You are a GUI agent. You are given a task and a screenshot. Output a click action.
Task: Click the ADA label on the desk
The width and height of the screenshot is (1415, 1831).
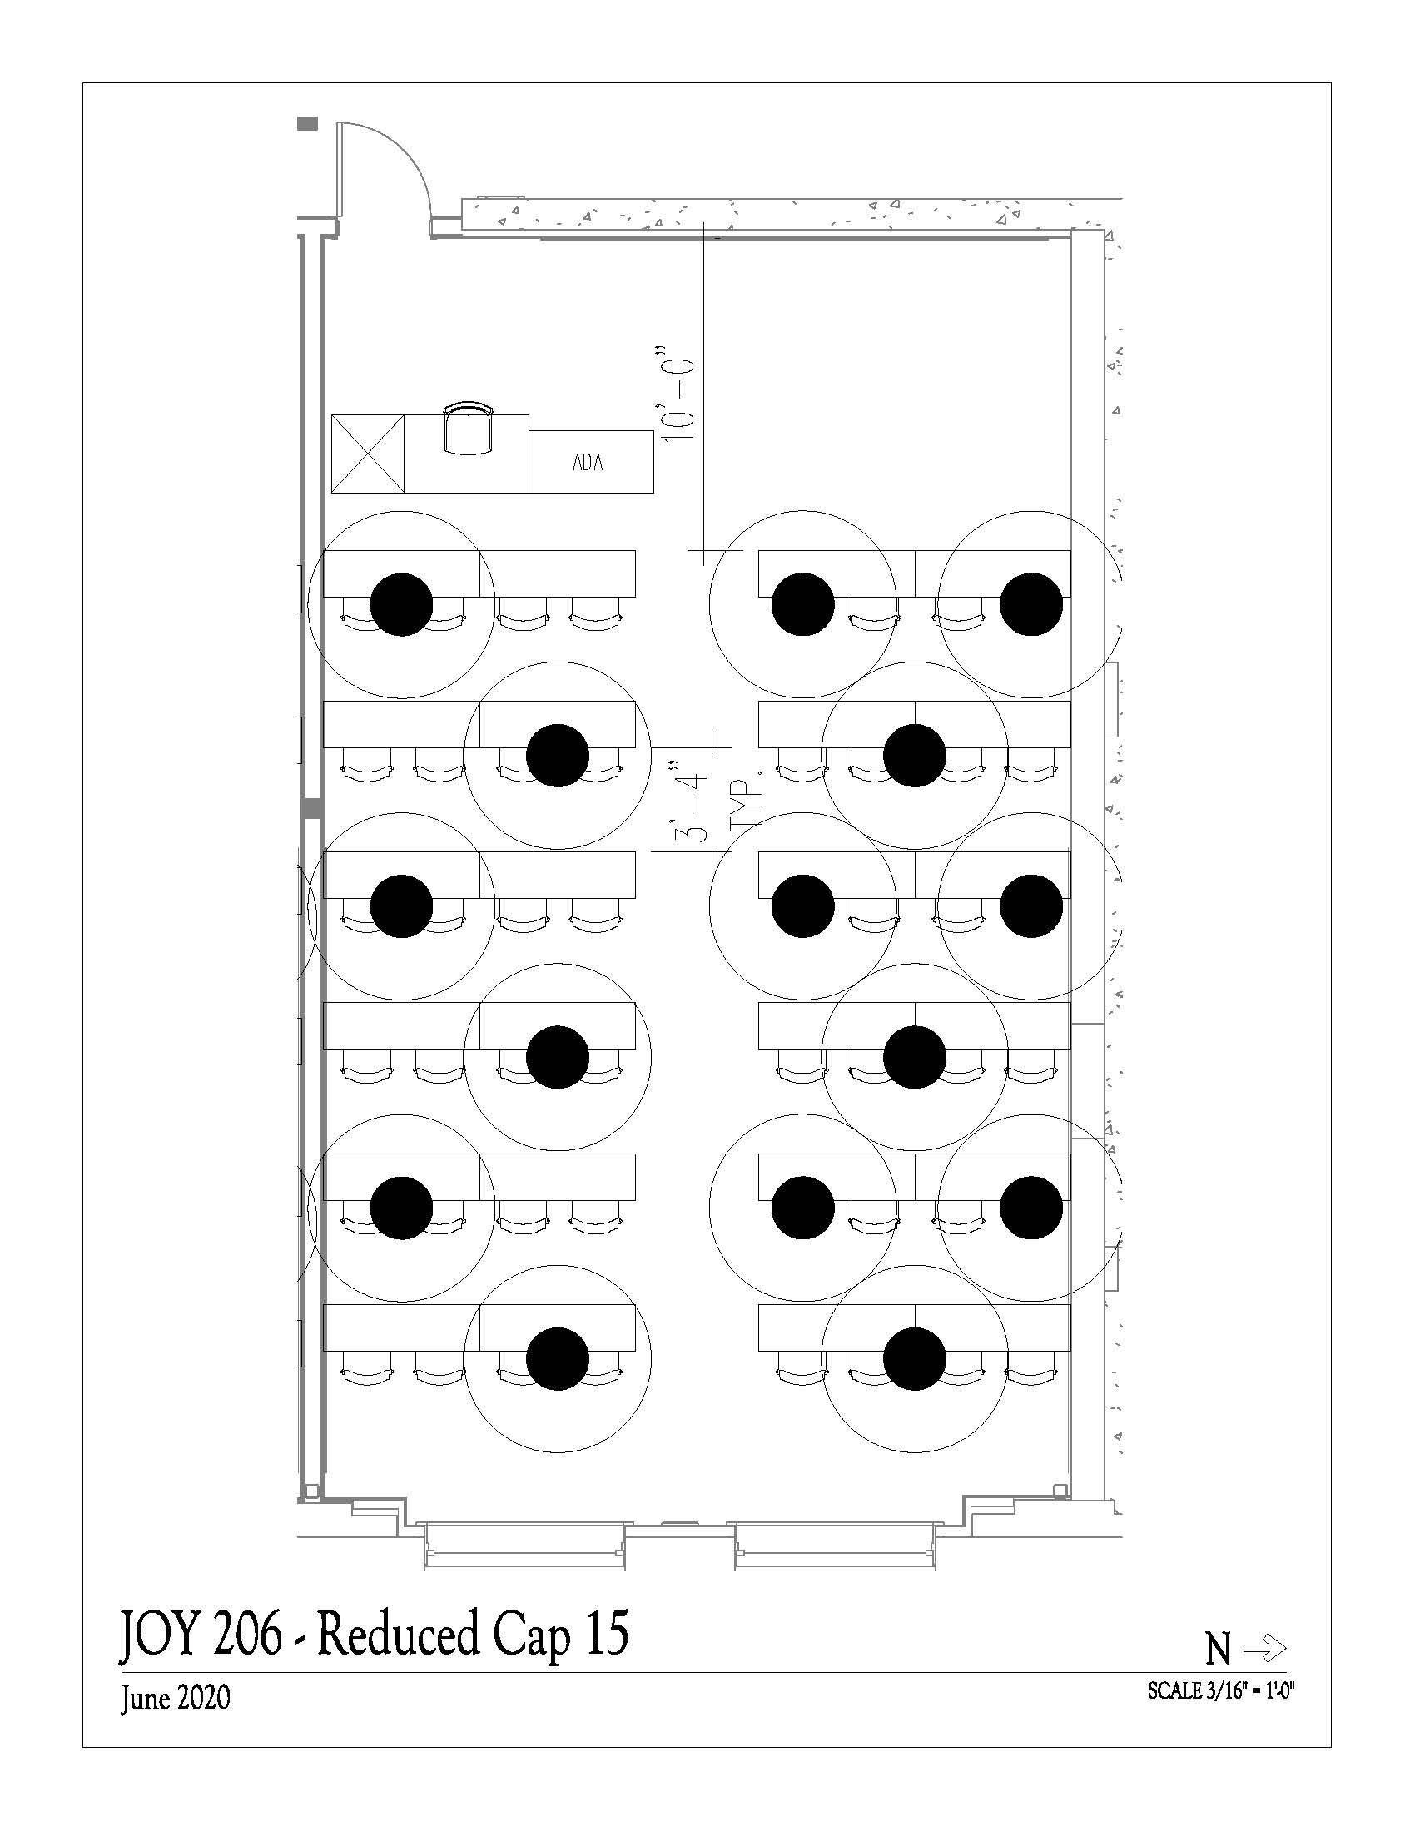click(x=588, y=462)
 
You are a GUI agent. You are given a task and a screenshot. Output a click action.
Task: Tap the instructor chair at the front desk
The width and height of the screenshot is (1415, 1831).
click(x=468, y=429)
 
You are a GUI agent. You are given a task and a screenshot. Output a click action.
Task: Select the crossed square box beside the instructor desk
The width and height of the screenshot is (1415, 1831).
click(x=368, y=454)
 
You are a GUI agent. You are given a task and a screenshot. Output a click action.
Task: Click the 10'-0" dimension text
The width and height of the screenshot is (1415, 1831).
click(x=680, y=401)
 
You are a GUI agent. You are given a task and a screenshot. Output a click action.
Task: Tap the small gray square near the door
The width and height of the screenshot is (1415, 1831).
click(x=309, y=124)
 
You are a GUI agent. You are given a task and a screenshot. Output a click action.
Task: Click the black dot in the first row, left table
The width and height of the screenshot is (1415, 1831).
click(x=401, y=604)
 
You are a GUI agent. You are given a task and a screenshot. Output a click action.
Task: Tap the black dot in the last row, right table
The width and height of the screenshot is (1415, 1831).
click(x=915, y=1359)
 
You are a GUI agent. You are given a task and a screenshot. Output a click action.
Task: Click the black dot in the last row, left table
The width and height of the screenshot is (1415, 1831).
click(x=558, y=1359)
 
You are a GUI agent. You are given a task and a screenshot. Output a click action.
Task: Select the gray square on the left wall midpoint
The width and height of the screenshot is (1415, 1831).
click(x=312, y=807)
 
